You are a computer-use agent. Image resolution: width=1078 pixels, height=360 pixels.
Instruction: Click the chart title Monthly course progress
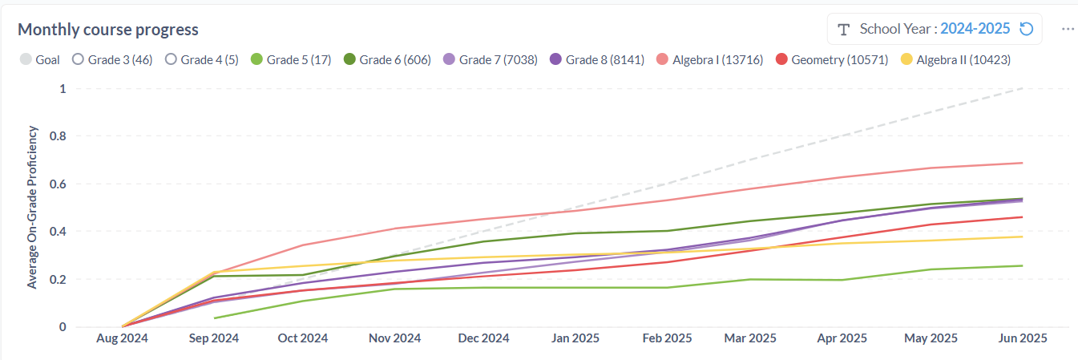tap(108, 30)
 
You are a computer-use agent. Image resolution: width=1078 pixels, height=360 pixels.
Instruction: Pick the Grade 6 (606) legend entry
tap(387, 59)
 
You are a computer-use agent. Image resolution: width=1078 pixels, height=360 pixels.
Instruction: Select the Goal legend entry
tap(40, 59)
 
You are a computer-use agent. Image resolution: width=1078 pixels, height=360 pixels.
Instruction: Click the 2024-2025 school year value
tap(975, 29)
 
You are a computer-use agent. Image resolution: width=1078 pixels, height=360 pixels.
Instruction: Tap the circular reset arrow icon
tap(1026, 29)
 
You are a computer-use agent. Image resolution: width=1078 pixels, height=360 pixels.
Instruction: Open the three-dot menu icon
tap(1068, 29)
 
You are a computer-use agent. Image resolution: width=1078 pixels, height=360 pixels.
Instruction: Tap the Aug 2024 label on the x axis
tap(122, 338)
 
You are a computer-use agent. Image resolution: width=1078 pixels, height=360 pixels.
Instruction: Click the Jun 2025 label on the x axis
tap(1021, 338)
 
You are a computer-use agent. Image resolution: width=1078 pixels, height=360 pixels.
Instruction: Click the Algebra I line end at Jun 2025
tap(1022, 163)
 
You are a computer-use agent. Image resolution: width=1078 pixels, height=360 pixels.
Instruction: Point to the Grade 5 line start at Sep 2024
tap(215, 318)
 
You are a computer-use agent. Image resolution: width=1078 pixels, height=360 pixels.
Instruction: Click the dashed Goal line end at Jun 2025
tap(1022, 88)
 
